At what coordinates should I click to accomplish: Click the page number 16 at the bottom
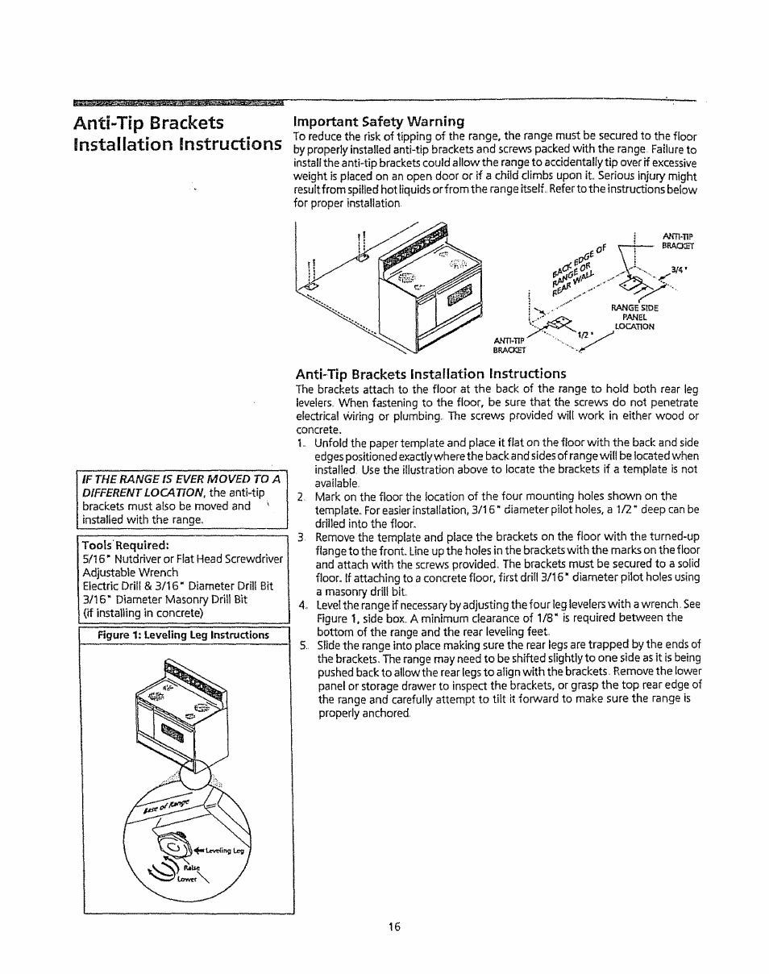coord(393,927)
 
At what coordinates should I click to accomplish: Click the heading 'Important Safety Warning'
coord(378,122)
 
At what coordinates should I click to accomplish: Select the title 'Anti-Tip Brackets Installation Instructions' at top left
coord(176,134)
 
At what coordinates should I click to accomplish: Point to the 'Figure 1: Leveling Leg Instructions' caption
coord(183,635)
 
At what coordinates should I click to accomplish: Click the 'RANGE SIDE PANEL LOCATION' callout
coord(634,317)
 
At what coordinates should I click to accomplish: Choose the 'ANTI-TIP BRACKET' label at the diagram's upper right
coord(677,241)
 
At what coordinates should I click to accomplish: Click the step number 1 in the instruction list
coord(300,443)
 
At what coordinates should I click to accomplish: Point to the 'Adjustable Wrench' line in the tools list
coord(131,572)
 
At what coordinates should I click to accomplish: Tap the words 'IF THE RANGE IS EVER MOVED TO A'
coord(182,480)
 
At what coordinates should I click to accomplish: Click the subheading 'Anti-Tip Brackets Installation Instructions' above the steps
coord(430,373)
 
